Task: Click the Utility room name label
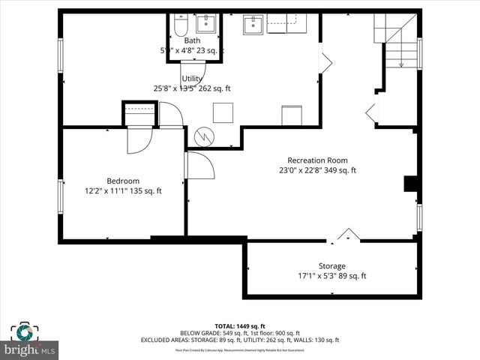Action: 193,78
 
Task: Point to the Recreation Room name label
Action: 318,160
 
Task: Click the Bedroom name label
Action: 123,181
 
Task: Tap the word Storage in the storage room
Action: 331,266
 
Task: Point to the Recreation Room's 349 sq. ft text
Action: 342,170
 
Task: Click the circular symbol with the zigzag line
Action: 204,136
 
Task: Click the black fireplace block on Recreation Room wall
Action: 411,184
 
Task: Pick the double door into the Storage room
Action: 346,235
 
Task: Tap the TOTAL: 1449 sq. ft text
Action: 239,325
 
